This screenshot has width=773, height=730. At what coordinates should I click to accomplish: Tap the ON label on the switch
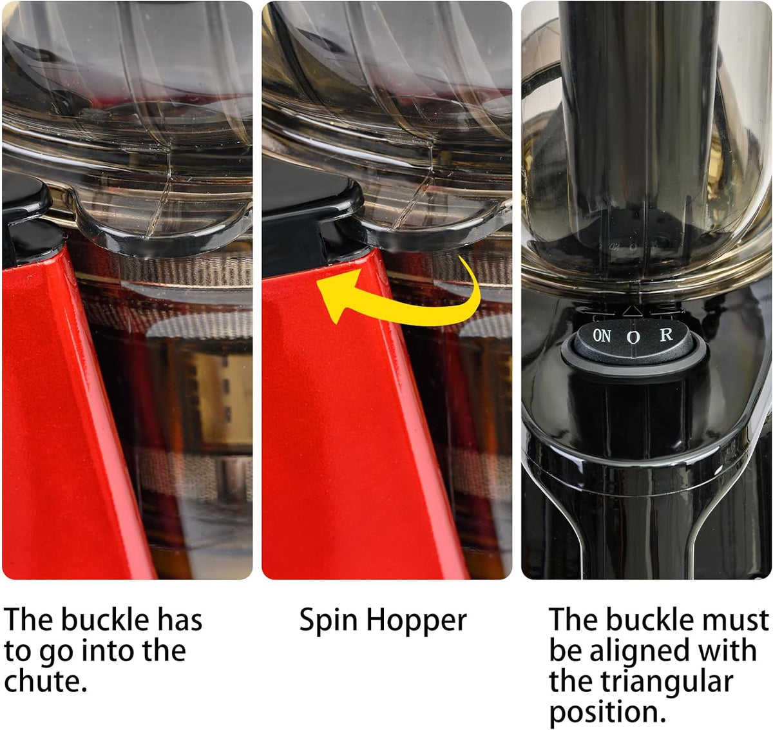click(x=602, y=336)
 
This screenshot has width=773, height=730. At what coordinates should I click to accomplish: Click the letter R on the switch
click(x=666, y=334)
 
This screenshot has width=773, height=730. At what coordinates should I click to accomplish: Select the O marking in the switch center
click(x=633, y=337)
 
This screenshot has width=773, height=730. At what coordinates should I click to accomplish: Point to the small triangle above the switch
click(x=631, y=311)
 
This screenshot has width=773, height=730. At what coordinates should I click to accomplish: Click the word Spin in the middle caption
click(x=328, y=620)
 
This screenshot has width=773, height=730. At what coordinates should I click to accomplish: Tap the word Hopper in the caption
click(x=416, y=620)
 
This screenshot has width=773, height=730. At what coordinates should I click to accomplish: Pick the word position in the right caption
click(x=607, y=713)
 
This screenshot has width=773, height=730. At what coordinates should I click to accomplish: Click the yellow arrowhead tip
click(x=317, y=280)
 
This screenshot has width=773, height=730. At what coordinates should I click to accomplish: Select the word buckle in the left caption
click(x=105, y=620)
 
